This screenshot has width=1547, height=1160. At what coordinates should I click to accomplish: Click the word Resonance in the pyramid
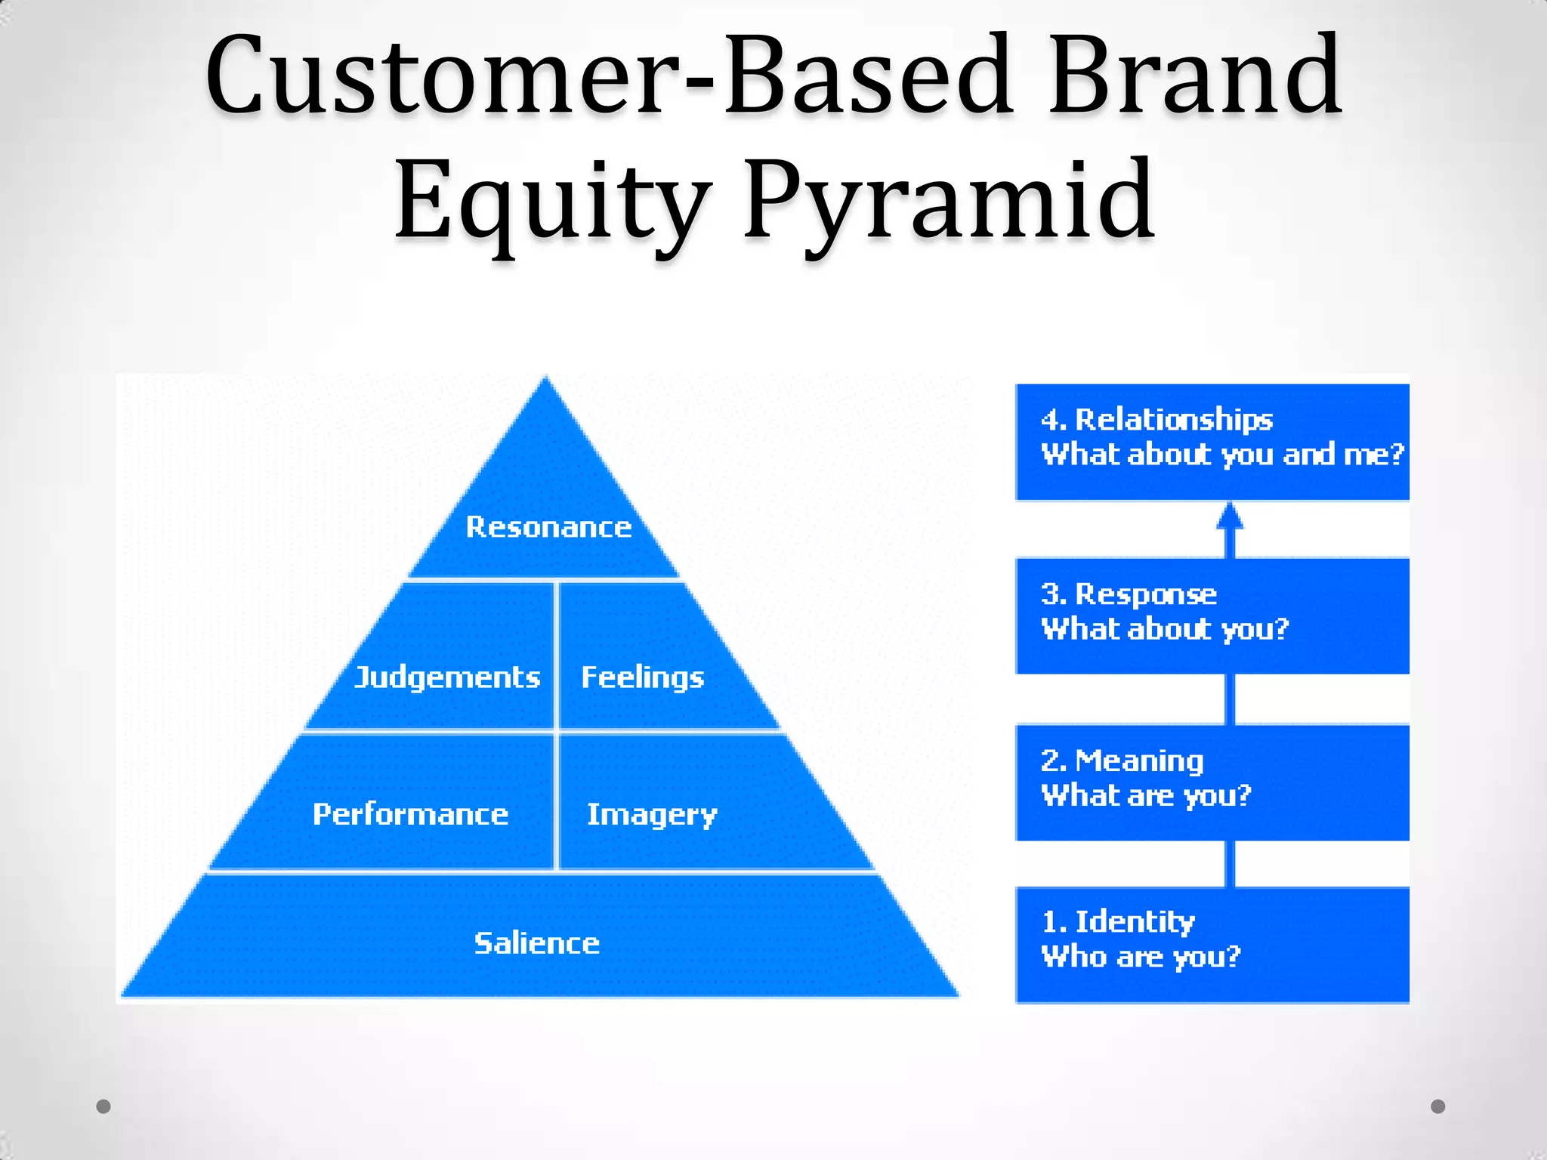pos(548,526)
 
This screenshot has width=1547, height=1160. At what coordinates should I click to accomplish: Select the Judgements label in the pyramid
pos(447,677)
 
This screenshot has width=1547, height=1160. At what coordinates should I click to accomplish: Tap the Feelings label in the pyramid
pos(642,677)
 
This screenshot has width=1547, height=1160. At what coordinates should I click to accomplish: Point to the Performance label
pos(410,814)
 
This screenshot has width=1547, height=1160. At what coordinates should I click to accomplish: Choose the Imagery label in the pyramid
pos(652,815)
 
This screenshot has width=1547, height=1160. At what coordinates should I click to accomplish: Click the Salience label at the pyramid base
pos(536,943)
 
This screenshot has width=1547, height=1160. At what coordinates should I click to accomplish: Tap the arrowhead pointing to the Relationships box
pos(1230,517)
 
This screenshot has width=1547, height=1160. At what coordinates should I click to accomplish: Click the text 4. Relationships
pos(1156,420)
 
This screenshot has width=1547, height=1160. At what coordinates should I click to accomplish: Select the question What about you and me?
pos(1221,455)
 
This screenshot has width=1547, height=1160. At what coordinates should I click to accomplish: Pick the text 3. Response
pos(1129,594)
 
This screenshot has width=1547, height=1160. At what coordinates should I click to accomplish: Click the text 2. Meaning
pos(1122,761)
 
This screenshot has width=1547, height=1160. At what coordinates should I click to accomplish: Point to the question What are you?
pos(1145,796)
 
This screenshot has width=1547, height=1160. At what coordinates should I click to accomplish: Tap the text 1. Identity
pos(1118,922)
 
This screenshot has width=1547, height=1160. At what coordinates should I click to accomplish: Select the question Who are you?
pos(1141,957)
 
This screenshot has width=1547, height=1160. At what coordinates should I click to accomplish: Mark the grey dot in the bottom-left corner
pos(103,1106)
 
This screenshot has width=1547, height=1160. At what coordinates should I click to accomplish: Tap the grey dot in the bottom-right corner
pos(1438,1106)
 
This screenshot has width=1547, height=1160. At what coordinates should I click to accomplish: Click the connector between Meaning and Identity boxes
pos(1230,863)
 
